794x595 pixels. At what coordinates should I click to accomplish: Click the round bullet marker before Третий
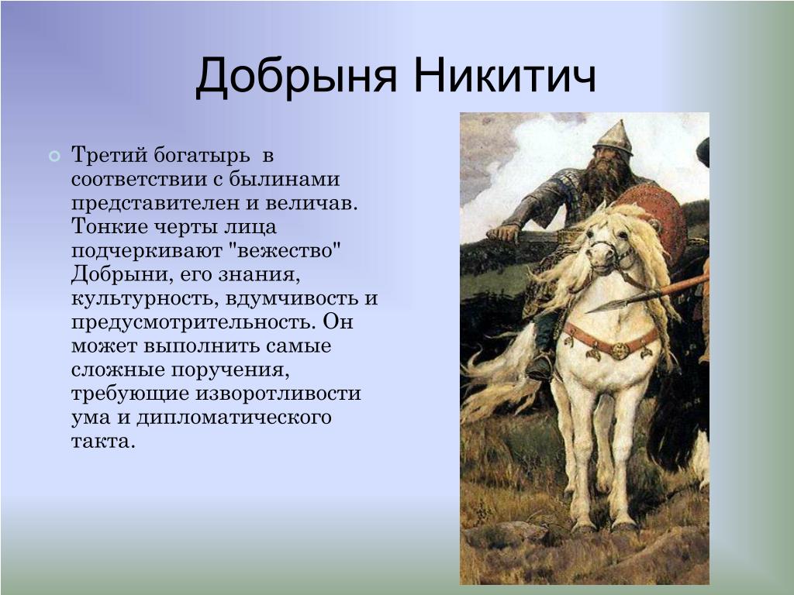(54, 156)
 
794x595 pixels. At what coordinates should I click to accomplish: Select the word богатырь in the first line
(202, 155)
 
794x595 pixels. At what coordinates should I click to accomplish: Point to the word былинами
(284, 179)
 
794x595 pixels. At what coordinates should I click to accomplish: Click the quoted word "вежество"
(287, 251)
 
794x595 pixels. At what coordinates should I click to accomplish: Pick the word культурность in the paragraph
(145, 298)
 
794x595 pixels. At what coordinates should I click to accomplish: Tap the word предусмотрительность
(194, 322)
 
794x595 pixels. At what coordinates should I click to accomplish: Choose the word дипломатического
(234, 418)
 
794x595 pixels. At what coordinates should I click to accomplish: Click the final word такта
(104, 442)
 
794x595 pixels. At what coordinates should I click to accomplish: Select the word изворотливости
(278, 394)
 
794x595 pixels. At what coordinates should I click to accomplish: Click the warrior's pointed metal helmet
(614, 138)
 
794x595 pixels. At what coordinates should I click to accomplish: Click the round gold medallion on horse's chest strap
(619, 350)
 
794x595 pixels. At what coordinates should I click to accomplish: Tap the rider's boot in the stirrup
(540, 367)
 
